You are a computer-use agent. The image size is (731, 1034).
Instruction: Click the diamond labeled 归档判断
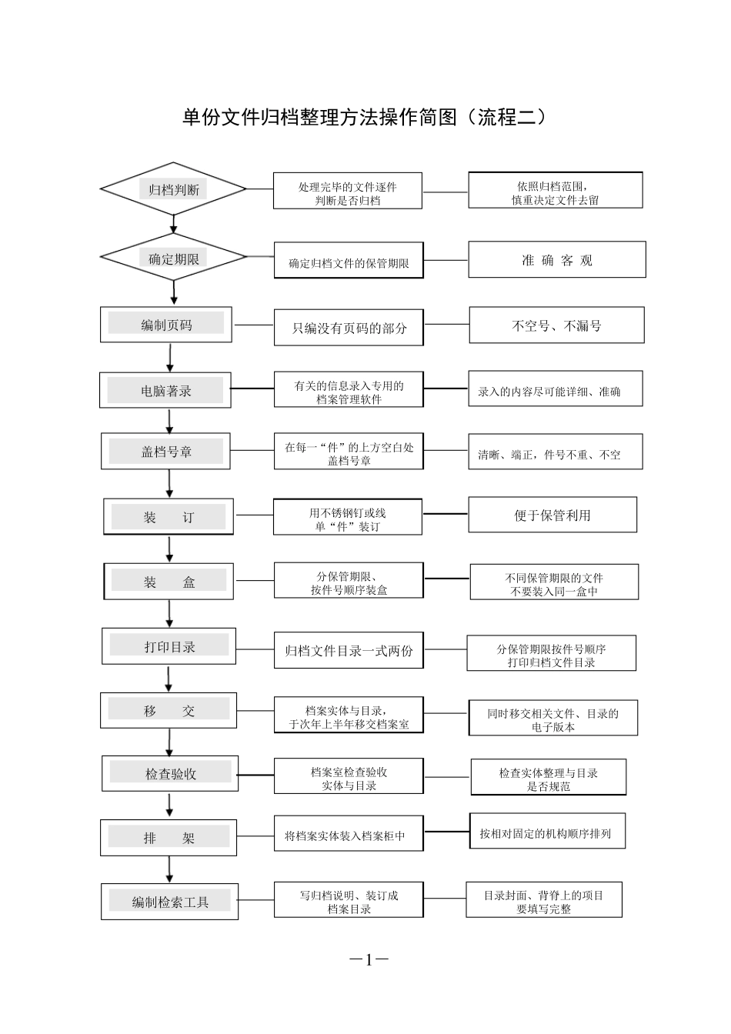point(173,189)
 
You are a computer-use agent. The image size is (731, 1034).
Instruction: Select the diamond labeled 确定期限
point(173,258)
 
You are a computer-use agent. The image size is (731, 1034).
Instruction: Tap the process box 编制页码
point(166,325)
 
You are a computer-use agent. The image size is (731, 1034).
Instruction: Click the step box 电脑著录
point(165,391)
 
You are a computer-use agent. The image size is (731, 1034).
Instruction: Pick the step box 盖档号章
point(166,452)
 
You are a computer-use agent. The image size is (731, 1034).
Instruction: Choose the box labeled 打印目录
point(169,646)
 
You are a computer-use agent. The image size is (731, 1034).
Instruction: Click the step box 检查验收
point(170,773)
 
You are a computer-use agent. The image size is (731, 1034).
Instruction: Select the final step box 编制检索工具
point(169,901)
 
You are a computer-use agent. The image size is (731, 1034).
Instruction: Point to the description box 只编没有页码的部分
point(349,328)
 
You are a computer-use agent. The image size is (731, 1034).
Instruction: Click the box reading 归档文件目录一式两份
point(349,651)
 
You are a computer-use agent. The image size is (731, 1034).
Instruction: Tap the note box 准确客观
point(556,260)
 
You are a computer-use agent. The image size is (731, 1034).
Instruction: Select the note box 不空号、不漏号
point(556,325)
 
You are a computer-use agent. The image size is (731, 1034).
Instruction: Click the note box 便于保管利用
point(552,515)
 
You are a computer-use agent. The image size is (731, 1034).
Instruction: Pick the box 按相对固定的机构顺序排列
point(546,832)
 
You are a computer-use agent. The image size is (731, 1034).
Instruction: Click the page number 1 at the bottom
point(369,959)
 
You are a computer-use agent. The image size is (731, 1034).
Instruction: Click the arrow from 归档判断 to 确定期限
point(174,224)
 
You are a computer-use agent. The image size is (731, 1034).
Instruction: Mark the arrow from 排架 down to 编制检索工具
point(170,869)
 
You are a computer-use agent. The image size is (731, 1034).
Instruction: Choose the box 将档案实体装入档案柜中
point(349,835)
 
